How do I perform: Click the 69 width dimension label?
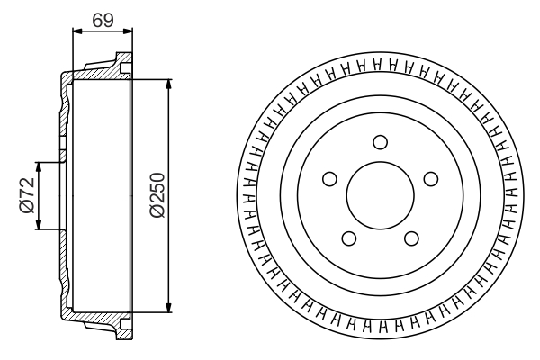pos(102,18)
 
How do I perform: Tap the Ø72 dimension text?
pos(26,195)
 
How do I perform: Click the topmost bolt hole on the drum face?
pos(380,141)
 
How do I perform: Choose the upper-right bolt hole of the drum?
pos(431,178)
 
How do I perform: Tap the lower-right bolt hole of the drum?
pos(411,238)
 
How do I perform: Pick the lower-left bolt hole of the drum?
pos(348,238)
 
